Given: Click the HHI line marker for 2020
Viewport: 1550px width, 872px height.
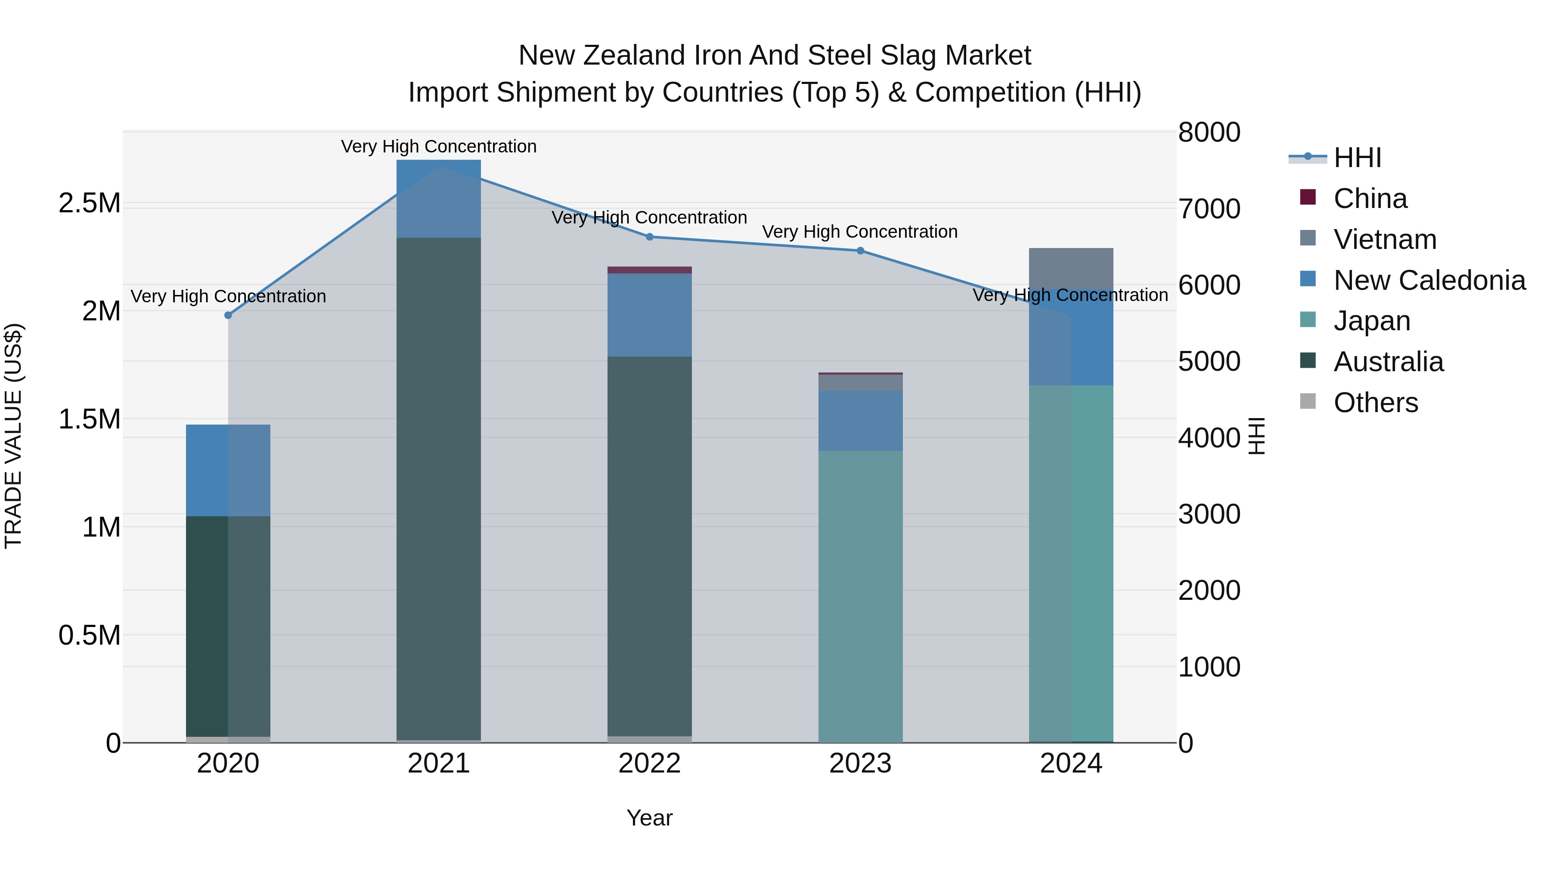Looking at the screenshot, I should click(x=228, y=315).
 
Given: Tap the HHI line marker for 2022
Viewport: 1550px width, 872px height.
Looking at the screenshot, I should click(x=649, y=237).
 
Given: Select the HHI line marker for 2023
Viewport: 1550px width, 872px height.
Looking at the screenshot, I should click(x=860, y=251).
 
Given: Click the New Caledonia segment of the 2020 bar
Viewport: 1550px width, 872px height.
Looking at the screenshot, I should click(x=228, y=471).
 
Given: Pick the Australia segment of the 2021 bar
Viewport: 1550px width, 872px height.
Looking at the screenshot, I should click(x=439, y=487).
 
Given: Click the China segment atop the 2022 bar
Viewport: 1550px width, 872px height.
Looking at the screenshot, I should click(x=649, y=270).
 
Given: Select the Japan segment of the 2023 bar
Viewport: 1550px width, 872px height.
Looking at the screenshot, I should click(x=860, y=596).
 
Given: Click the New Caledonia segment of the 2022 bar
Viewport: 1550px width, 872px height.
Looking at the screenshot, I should click(x=649, y=315).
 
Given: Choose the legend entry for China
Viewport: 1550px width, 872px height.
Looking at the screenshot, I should click(x=1370, y=199).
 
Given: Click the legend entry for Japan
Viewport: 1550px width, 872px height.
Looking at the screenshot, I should click(x=1371, y=321).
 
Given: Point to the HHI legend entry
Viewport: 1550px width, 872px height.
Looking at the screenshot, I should click(x=1357, y=158).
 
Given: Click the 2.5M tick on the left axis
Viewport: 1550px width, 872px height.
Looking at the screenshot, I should click(x=90, y=203).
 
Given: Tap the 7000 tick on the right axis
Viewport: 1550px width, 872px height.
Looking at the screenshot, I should click(x=1209, y=209).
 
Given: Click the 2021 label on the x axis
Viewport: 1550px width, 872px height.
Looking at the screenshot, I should click(x=439, y=763).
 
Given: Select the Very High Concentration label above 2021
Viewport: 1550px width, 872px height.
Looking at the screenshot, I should click(x=439, y=146).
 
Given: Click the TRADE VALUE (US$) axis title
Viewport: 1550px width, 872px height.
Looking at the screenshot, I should click(x=13, y=436).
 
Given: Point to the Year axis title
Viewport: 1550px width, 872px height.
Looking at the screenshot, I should click(x=649, y=818).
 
